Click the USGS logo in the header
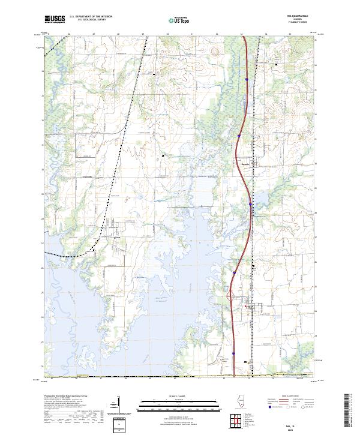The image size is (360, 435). [x=54, y=19]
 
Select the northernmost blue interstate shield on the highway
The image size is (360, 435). [x=247, y=78]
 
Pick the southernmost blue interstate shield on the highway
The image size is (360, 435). [x=234, y=353]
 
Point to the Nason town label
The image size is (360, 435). [x=118, y=236]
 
